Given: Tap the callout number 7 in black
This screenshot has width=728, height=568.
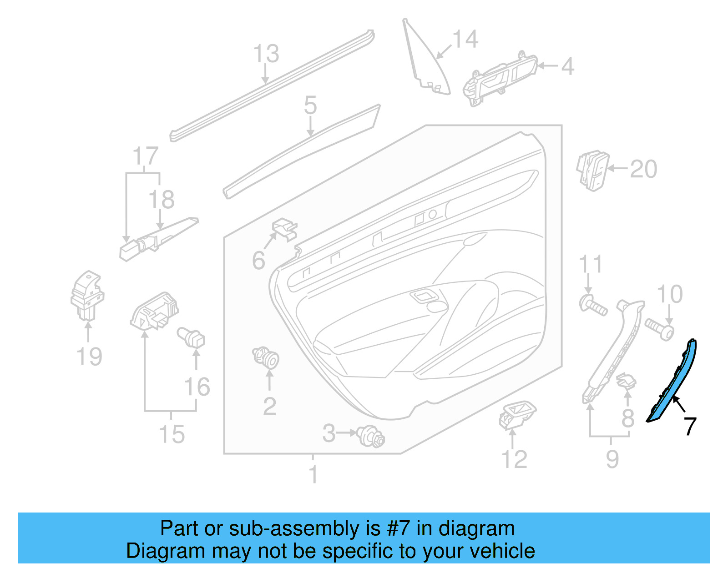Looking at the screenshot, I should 690,426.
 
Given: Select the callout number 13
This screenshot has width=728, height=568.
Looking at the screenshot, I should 266,54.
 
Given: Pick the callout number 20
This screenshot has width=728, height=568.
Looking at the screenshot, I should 643,169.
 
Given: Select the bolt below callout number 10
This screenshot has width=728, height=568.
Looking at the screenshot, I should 659,329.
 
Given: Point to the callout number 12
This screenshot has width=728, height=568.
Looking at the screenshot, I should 514,459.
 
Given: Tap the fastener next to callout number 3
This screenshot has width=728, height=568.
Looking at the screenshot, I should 371,436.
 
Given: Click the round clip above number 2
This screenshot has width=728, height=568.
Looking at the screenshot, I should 266,357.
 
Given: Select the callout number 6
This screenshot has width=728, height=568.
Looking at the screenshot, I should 258,261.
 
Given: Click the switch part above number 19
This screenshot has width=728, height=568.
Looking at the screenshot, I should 87,295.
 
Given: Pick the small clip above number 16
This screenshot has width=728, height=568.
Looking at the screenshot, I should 192,337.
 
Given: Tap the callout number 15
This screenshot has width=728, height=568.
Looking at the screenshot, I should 172,434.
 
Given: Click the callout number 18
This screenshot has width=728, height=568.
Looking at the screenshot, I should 162,200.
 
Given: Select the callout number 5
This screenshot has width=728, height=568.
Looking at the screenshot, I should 310,106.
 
